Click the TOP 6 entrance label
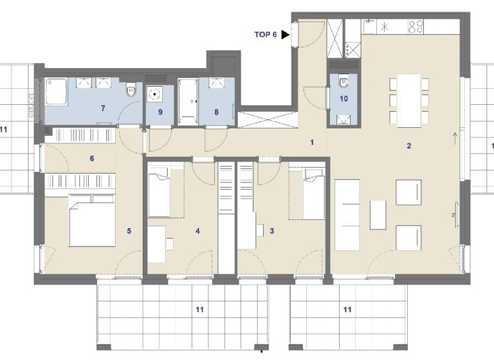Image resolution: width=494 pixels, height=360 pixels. coord(266,35)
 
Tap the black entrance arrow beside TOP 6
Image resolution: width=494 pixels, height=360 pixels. coord(286,35)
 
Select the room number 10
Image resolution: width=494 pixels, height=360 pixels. coord(343,98)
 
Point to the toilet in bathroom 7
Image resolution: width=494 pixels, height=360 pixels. coord(131,91)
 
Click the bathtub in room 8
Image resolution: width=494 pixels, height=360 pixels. coord(188,100)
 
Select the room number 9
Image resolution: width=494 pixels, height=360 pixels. coord(161,112)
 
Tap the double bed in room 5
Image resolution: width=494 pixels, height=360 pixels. coord(92,223)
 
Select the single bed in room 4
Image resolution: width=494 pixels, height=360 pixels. coord(159,192)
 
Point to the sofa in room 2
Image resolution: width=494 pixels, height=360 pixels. coord(348,215)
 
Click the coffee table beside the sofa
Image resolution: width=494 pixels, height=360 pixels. coord(378,215)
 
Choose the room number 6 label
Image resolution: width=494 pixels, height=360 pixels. coord(92,158)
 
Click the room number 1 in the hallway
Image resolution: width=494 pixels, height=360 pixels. coord(312,142)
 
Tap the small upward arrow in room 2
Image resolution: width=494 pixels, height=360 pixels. coord(454,136)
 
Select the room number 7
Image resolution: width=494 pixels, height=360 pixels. coord(102,108)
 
